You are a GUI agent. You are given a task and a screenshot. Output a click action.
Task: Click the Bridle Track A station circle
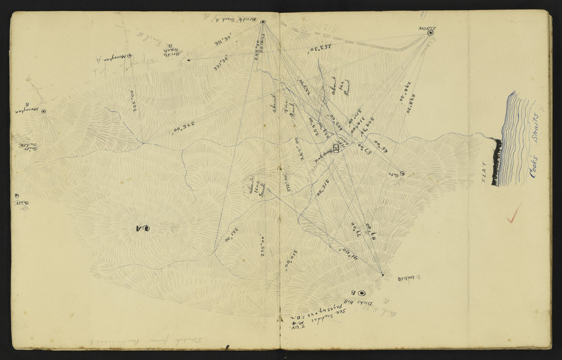(x=262, y=22)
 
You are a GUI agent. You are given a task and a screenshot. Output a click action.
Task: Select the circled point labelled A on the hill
(x=148, y=228)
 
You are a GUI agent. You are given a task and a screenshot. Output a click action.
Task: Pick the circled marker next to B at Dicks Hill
(x=361, y=292)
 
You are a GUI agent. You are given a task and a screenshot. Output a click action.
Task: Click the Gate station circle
(x=402, y=174)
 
